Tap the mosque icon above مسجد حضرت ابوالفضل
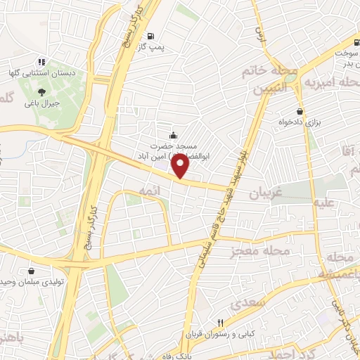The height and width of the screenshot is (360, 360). pyautogui.click(x=174, y=136)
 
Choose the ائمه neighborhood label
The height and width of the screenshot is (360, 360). pyautogui.click(x=150, y=191)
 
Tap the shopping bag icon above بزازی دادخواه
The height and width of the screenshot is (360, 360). pyautogui.click(x=300, y=110)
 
